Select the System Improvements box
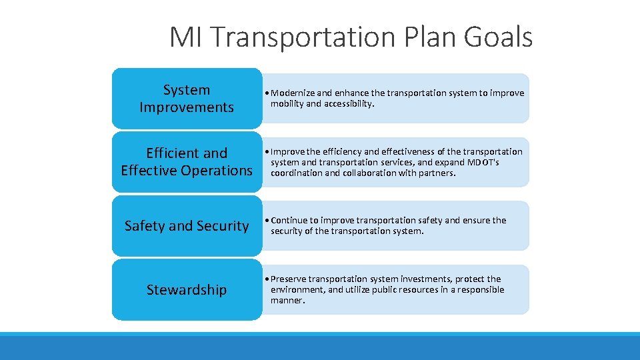tap(187, 99)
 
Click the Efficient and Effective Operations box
tap(187, 162)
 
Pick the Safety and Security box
tap(187, 226)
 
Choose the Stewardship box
tap(187, 290)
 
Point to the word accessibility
tap(349, 104)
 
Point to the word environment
tap(298, 289)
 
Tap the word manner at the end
tap(287, 300)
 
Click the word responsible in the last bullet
tap(476, 289)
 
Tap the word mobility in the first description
tap(287, 104)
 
